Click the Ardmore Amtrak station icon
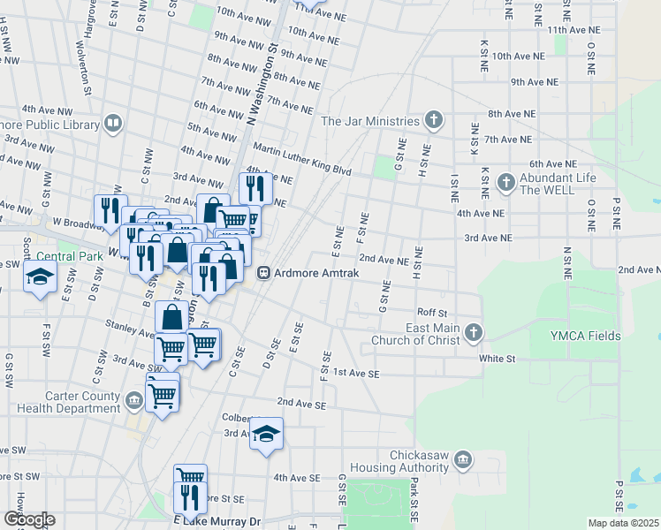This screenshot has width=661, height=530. pyautogui.click(x=262, y=274)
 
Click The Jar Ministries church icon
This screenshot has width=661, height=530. pyautogui.click(x=433, y=120)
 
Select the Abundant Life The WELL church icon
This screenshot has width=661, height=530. pyautogui.click(x=505, y=183)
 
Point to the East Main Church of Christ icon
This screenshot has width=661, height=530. pyautogui.click(x=474, y=333)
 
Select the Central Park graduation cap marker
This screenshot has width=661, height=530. pyautogui.click(x=40, y=277)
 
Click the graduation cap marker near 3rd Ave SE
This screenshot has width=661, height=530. pyautogui.click(x=266, y=434)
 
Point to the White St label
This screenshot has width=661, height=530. pyautogui.click(x=497, y=359)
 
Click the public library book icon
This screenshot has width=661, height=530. pyautogui.click(x=113, y=124)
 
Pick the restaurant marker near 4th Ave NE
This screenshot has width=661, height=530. pyautogui.click(x=255, y=187)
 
